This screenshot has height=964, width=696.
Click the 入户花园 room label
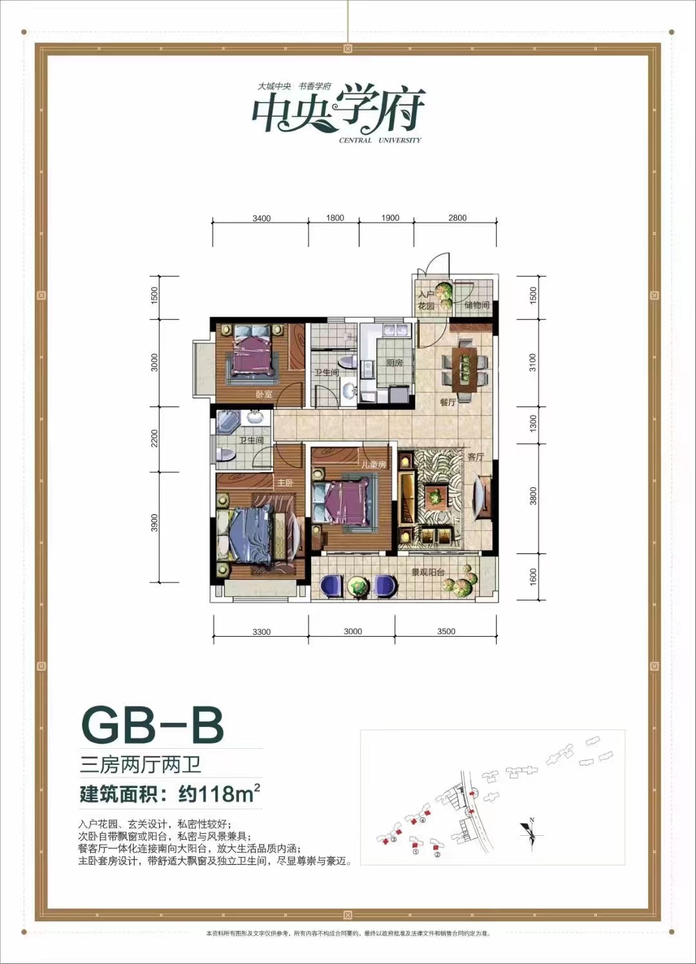click(x=426, y=300)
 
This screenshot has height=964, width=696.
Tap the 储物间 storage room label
click(x=477, y=305)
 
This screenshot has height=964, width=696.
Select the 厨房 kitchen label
click(x=394, y=363)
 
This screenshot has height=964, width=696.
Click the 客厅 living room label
click(x=476, y=456)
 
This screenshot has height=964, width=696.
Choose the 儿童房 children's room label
click(x=373, y=464)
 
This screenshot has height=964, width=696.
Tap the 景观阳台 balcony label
click(x=429, y=572)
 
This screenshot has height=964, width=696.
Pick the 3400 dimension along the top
click(x=262, y=218)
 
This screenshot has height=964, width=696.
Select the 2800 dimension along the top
click(x=458, y=218)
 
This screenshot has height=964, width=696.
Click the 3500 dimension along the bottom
click(x=446, y=631)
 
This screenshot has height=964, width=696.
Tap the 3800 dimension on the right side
click(x=533, y=496)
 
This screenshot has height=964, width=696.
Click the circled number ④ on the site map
click(x=423, y=821)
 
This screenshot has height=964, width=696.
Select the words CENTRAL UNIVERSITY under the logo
click(x=380, y=140)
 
